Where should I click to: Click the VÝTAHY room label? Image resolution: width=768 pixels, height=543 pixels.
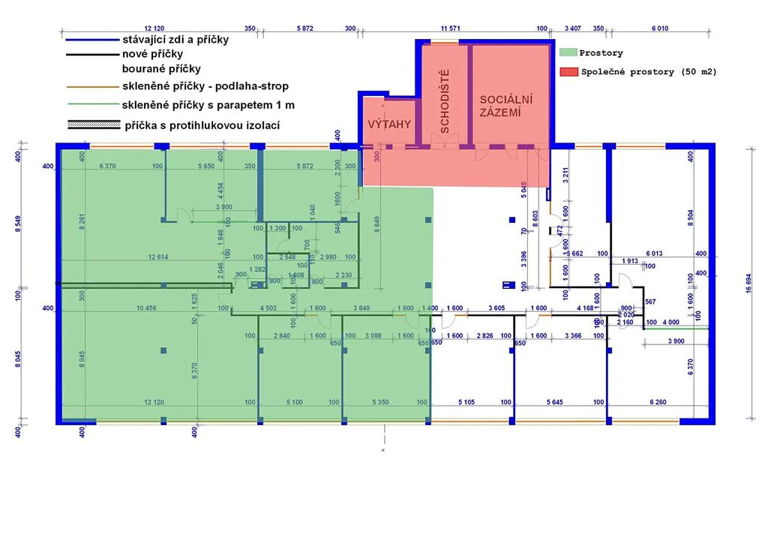click(389, 124)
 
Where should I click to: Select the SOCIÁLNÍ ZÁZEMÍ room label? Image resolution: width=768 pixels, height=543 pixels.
click(506, 106)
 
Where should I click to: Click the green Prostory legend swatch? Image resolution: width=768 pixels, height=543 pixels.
click(568, 53)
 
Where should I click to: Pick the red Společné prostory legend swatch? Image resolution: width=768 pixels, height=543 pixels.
click(568, 72)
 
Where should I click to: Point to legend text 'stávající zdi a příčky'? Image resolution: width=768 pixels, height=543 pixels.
click(175, 40)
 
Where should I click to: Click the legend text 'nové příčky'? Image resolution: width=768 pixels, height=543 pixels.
click(152, 54)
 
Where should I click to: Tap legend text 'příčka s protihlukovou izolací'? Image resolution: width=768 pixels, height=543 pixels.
click(202, 125)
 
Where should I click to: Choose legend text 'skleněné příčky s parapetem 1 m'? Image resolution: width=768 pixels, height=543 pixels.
click(208, 105)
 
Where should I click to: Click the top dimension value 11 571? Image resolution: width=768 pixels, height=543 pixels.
click(450, 28)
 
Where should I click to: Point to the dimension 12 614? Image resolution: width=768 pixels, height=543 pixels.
click(157, 257)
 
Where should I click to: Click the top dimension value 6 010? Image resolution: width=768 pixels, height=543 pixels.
click(659, 28)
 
